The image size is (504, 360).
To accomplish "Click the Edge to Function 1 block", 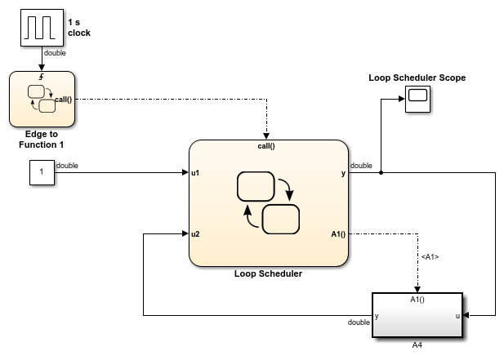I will (x=42, y=99).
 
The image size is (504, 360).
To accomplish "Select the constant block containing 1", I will (x=41, y=173).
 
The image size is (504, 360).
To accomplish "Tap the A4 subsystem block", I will (x=417, y=315).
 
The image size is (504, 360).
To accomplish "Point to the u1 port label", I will (x=196, y=173).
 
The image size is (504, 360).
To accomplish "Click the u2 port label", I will (x=196, y=234).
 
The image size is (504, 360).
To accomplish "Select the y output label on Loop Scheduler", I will (x=343, y=173).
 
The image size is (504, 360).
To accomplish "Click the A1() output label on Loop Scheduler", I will (x=338, y=234).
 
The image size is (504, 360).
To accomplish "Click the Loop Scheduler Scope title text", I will (x=417, y=78).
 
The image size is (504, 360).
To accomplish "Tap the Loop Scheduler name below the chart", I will (x=268, y=273).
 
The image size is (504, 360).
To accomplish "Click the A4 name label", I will (x=417, y=344).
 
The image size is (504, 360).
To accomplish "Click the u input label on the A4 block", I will (x=457, y=315).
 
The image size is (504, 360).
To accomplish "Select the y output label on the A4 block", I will (x=377, y=315).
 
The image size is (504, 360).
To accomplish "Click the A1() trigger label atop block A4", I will (x=417, y=299).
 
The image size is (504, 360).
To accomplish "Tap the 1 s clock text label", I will (x=79, y=27).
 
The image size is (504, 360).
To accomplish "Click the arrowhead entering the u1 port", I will (x=185, y=173).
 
